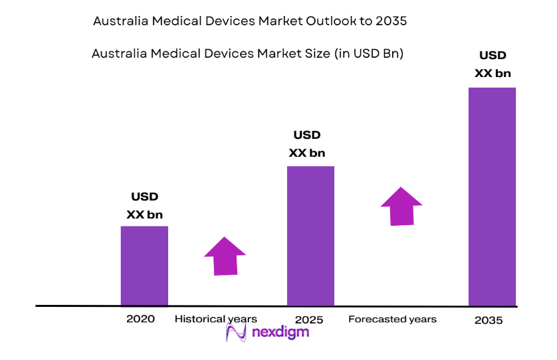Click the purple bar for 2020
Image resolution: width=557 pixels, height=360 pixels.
[144, 266]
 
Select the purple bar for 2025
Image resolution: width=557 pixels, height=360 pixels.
[310, 236]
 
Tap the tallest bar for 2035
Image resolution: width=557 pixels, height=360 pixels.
[492, 197]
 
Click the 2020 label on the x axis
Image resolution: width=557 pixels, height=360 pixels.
[140, 319]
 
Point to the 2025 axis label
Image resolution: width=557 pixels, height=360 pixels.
[308, 319]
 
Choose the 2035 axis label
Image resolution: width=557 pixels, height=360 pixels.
[489, 320]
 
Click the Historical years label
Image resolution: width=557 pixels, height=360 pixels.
[215, 319]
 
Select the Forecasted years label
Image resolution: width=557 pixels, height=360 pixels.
[392, 319]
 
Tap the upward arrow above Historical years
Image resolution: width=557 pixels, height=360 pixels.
[225, 256]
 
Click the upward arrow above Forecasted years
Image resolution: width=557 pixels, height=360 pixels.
[401, 206]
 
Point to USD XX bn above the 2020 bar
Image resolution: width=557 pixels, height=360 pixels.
[144, 206]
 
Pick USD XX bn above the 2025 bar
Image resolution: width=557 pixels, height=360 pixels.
[307, 144]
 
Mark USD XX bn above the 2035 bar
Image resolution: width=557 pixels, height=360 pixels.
[493, 64]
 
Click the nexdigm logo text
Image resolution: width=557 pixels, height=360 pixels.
[279, 332]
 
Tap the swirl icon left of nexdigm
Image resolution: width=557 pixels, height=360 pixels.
[236, 331]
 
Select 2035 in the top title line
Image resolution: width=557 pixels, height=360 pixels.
[391, 21]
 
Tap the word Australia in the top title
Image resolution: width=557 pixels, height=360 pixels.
[121, 21]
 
